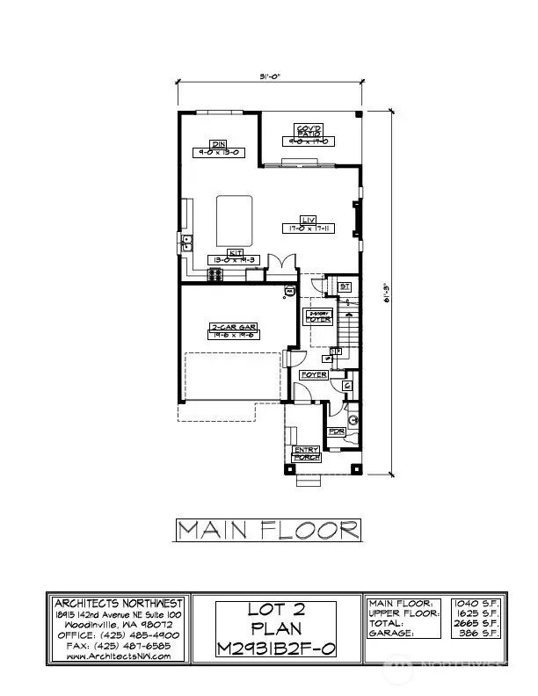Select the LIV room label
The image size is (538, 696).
point(308,220)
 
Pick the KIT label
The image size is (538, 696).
point(235,251)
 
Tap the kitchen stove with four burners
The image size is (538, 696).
point(216,275)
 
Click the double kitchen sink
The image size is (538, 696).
point(187,243)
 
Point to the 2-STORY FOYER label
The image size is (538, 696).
point(318,316)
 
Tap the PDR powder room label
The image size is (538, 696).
point(335,431)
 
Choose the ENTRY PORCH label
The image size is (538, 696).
point(307,453)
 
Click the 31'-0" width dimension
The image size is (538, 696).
point(269,76)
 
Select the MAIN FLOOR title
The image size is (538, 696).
point(268,529)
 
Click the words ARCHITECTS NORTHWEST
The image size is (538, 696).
point(119,603)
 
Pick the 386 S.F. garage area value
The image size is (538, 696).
point(467,633)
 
